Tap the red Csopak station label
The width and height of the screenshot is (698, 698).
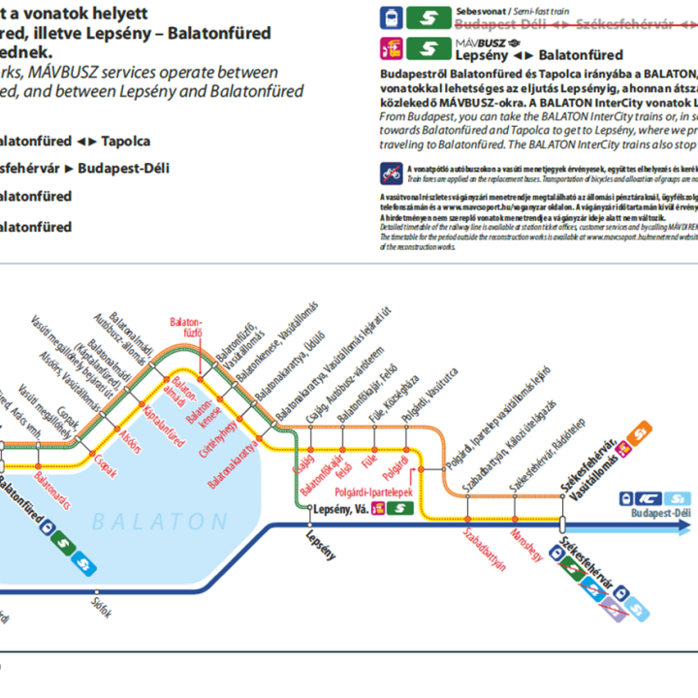pyautogui.click(x=105, y=464)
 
